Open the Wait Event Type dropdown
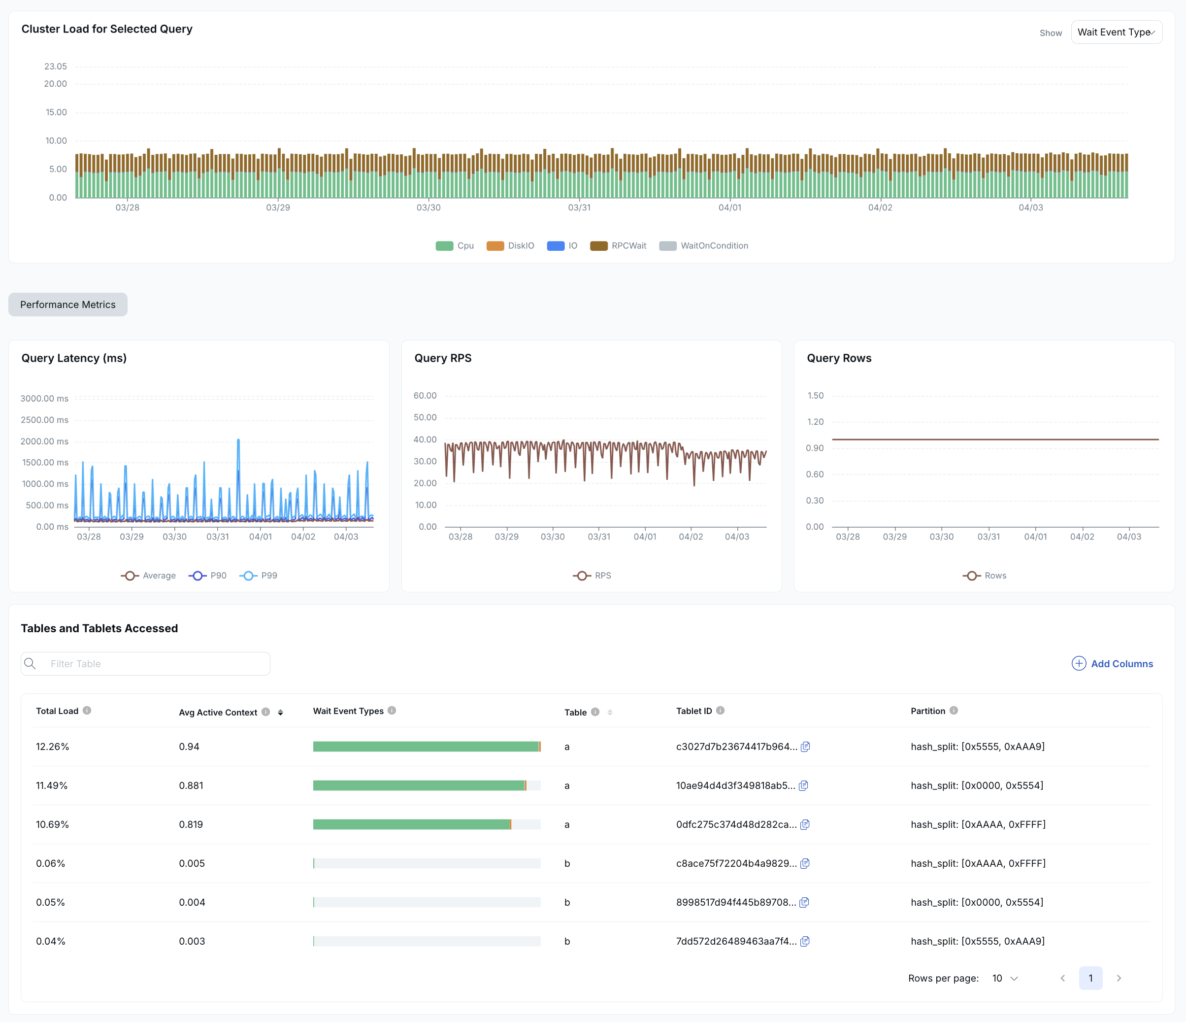[1116, 32]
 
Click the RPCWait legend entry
[618, 245]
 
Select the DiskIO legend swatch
[495, 245]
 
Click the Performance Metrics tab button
[67, 305]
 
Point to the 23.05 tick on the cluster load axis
[56, 67]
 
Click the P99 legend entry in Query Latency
[258, 576]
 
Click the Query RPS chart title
[442, 358]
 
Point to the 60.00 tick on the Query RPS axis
[425, 396]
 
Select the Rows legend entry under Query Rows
[985, 576]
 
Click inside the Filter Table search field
[155, 664]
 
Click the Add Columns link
[1112, 664]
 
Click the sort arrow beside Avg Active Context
[280, 712]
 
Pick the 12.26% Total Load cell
[52, 747]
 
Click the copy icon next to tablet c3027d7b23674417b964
[805, 747]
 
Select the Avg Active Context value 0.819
[191, 824]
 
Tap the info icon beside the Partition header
[954, 711]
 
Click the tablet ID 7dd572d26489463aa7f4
[735, 941]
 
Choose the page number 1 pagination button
[1090, 978]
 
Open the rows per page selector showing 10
[1005, 978]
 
